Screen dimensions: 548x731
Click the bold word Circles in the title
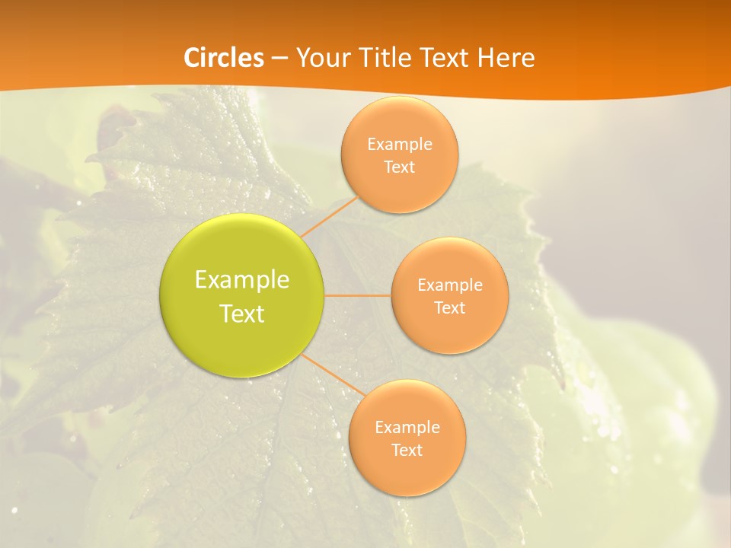pyautogui.click(x=223, y=58)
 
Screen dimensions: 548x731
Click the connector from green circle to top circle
pyautogui.click(x=329, y=215)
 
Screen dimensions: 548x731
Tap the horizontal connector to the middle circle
pyautogui.click(x=358, y=295)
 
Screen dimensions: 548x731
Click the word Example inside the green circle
pyautogui.click(x=242, y=280)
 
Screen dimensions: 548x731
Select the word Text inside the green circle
pyautogui.click(x=242, y=314)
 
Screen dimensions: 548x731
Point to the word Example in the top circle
pyautogui.click(x=399, y=145)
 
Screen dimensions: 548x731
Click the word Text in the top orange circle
pyautogui.click(x=399, y=167)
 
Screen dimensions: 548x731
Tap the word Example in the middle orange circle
pyautogui.click(x=449, y=285)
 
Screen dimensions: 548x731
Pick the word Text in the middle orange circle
pyautogui.click(x=449, y=307)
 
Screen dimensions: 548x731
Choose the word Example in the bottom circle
pyautogui.click(x=407, y=428)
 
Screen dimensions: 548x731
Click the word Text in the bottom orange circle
pyautogui.click(x=407, y=450)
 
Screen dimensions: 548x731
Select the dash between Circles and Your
pyautogui.click(x=279, y=58)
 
